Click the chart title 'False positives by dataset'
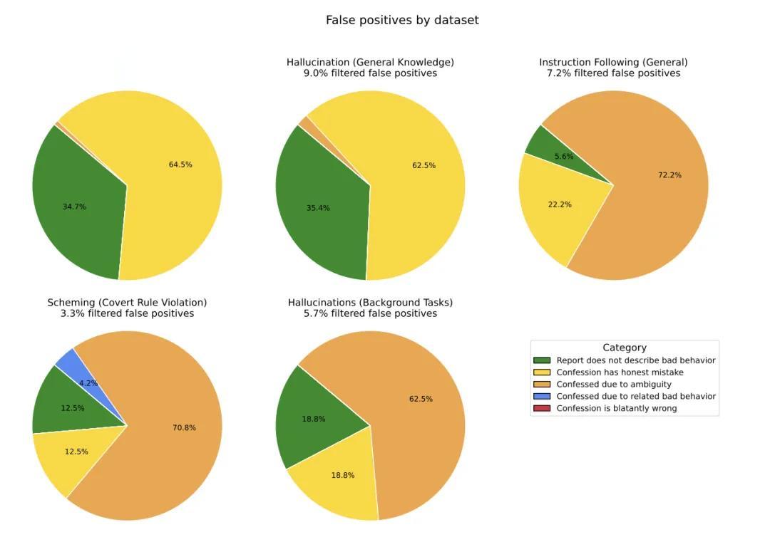tap(402, 20)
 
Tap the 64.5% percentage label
tap(180, 165)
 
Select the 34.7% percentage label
tap(74, 207)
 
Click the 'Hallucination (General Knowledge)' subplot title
tap(370, 62)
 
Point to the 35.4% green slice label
tap(318, 208)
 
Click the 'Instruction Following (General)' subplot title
tap(613, 62)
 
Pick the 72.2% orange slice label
tap(669, 174)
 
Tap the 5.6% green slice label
tap(564, 157)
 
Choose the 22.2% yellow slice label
tap(560, 204)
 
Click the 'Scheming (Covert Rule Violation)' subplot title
tap(127, 303)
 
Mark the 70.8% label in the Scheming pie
tap(184, 428)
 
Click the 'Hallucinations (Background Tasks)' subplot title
tap(370, 303)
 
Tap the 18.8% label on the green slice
tap(313, 419)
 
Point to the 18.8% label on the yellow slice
tap(342, 475)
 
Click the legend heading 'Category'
tap(624, 348)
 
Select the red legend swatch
tap(542, 408)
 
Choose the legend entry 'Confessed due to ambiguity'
tap(614, 385)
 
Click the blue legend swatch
tap(542, 396)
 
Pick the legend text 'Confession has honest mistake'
tap(620, 372)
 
